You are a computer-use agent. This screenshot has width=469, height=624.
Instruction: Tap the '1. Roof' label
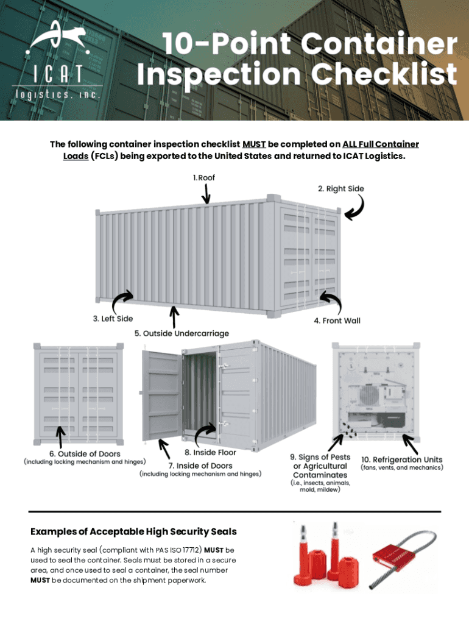[203, 177]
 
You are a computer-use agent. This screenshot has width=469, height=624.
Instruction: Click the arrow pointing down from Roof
[206, 194]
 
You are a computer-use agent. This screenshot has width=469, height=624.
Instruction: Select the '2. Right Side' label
[340, 188]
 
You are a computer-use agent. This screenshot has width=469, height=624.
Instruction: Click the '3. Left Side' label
[113, 318]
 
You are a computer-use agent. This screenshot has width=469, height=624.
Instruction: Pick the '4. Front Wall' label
[337, 321]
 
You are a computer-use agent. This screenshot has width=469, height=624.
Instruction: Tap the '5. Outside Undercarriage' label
[182, 333]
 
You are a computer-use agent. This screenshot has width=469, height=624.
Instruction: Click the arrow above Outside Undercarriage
[175, 316]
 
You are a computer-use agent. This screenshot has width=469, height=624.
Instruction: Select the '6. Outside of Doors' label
[85, 453]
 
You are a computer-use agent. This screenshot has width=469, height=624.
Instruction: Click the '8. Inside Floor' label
[210, 453]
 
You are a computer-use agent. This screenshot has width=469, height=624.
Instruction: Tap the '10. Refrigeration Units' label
[402, 459]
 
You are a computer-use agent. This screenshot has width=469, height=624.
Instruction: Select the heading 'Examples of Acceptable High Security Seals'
[133, 532]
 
